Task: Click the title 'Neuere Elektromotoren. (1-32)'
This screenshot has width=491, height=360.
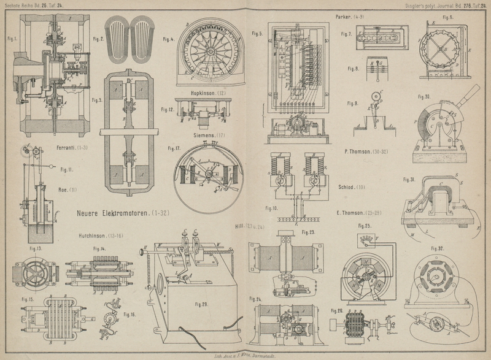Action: click(x=123, y=214)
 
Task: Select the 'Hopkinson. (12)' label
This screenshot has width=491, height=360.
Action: click(x=209, y=93)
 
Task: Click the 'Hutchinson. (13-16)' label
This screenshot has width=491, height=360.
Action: click(x=101, y=235)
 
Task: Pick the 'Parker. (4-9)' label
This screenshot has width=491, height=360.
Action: click(x=350, y=17)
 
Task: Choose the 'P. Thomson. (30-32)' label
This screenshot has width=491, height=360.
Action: click(x=366, y=150)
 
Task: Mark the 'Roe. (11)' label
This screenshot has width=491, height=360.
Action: click(x=66, y=190)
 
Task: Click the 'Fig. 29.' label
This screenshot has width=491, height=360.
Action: click(x=201, y=304)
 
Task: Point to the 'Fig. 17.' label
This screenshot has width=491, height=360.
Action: click(x=174, y=148)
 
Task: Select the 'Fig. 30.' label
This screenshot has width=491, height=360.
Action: click(x=424, y=96)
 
